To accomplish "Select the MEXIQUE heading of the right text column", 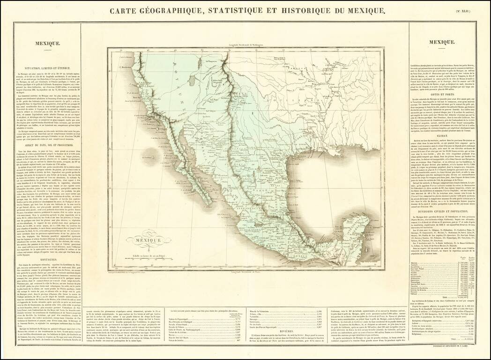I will [442, 42].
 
